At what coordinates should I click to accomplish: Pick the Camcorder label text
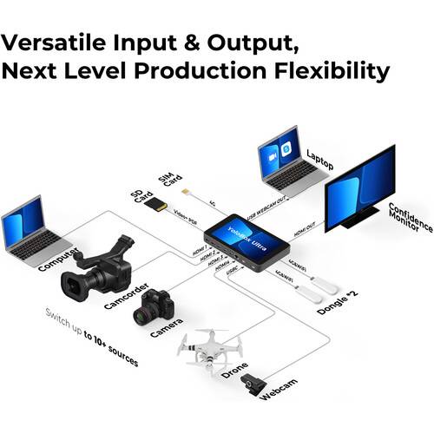pos(121,300)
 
